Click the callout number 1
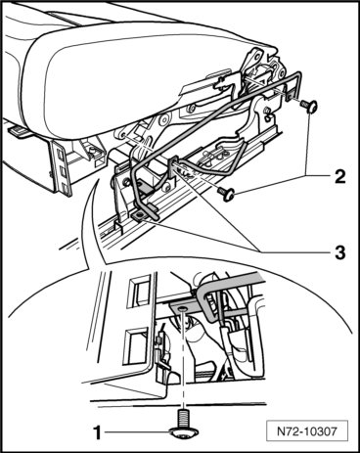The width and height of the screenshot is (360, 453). click(x=97, y=433)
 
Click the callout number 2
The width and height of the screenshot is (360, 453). click(x=339, y=177)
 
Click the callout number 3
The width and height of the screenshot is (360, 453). click(x=340, y=252)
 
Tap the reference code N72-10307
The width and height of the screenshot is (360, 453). click(x=307, y=431)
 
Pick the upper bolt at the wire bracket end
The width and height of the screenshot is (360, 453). click(x=309, y=106)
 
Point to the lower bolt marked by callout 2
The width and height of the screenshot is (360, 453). click(x=227, y=193)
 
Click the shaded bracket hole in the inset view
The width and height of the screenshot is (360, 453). click(x=182, y=308)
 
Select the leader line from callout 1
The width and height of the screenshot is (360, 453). click(x=138, y=432)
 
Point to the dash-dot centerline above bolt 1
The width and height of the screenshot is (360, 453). click(x=184, y=360)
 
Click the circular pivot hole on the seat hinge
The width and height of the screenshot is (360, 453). click(x=164, y=119)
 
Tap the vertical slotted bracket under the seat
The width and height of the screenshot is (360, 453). click(x=61, y=167)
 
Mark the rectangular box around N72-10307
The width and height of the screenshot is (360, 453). click(x=307, y=431)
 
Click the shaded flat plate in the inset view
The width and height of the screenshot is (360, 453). click(x=186, y=308)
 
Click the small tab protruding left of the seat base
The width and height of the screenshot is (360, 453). click(x=19, y=131)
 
